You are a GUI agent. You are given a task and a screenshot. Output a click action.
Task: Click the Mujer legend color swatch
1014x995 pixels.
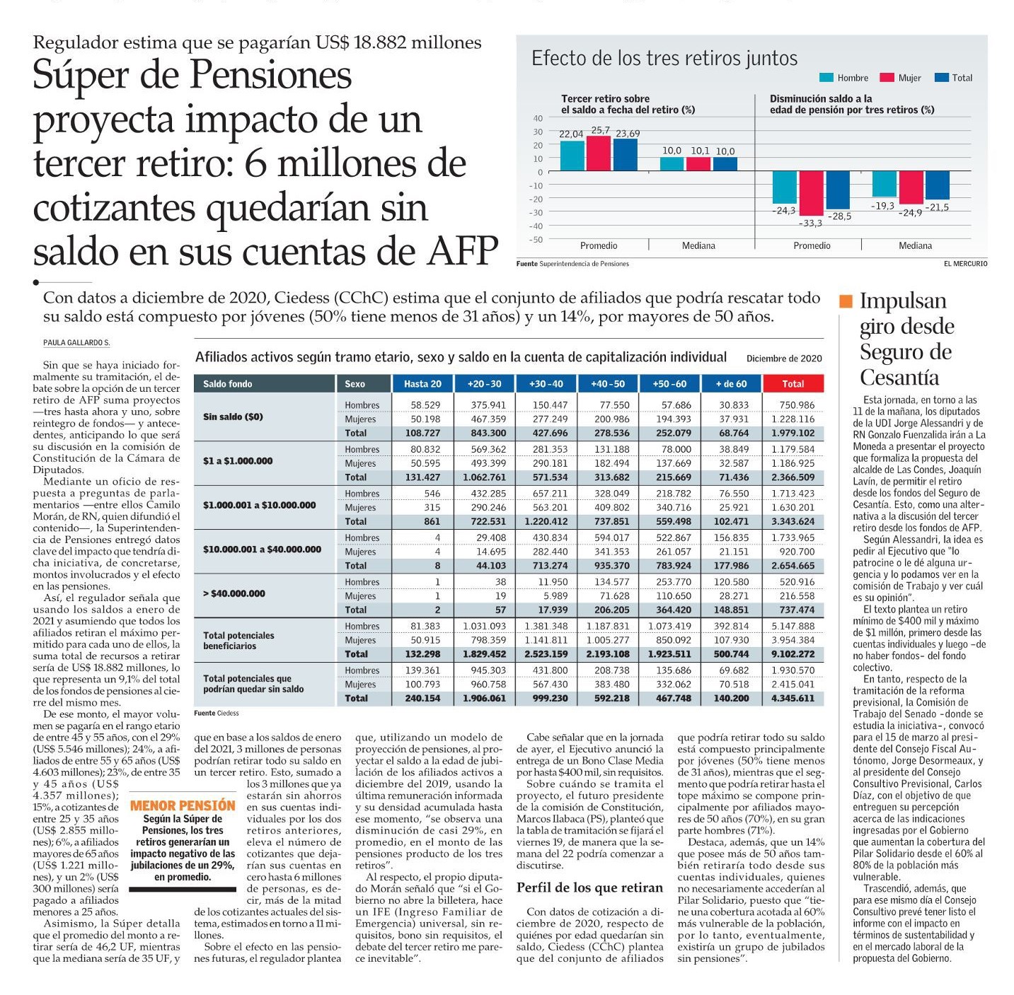pyautogui.click(x=887, y=77)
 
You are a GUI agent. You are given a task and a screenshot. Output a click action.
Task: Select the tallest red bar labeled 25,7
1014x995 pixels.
pyautogui.click(x=599, y=153)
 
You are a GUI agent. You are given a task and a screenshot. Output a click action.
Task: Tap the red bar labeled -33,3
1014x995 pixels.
pyautogui.click(x=811, y=193)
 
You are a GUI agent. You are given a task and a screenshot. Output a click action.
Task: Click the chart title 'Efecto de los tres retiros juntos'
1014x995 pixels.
pyautogui.click(x=664, y=58)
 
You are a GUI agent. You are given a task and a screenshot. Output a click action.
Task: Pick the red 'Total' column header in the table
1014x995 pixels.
pyautogui.click(x=793, y=384)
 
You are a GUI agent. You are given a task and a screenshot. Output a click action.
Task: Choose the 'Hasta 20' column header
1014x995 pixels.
pyautogui.click(x=422, y=384)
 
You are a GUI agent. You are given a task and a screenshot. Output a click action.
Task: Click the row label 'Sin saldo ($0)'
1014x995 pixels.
pyautogui.click(x=233, y=417)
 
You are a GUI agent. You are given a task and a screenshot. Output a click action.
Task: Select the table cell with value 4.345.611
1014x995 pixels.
pyautogui.click(x=793, y=699)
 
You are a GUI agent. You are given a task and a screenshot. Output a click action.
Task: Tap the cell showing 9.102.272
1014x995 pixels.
pyautogui.click(x=793, y=654)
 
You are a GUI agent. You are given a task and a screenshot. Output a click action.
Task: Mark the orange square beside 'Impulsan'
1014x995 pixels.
pyautogui.click(x=846, y=301)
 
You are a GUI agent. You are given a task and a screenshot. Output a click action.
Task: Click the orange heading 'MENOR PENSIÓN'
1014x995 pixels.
pyautogui.click(x=183, y=805)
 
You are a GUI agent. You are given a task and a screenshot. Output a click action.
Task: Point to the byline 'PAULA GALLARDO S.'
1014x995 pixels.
pyautogui.click(x=76, y=342)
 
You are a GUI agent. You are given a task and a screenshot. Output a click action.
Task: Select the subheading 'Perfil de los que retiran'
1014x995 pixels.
pyautogui.click(x=589, y=888)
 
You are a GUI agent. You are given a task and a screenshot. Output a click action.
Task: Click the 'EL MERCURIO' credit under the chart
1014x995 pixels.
pyautogui.click(x=965, y=264)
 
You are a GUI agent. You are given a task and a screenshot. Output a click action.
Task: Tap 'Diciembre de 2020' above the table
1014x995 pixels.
pyautogui.click(x=783, y=359)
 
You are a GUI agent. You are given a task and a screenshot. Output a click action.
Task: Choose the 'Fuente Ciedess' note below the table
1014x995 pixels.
pyautogui.click(x=217, y=713)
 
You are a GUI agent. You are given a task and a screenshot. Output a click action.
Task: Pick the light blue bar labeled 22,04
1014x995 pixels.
pyautogui.click(x=572, y=156)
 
